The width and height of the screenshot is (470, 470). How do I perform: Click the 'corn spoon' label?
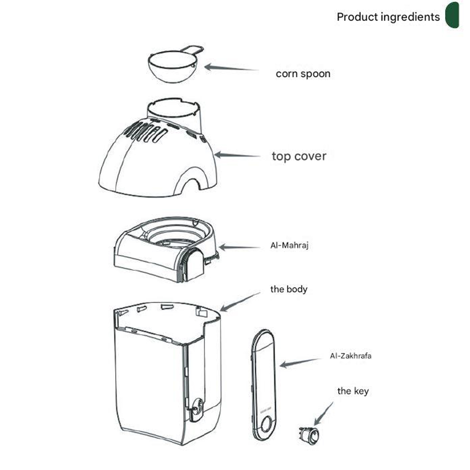303,74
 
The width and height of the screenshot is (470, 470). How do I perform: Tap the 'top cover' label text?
299,156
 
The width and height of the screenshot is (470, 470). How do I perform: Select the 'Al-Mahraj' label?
289,245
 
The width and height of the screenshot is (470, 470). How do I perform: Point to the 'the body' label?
289,289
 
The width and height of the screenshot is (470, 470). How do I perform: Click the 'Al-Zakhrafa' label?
350,356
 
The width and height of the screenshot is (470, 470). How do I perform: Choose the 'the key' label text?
353,391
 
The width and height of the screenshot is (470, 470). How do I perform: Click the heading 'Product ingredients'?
388,17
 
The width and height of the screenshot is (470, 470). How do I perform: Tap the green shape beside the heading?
452,15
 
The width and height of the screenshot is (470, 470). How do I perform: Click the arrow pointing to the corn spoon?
231,68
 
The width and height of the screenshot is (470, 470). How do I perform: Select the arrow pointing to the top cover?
237,155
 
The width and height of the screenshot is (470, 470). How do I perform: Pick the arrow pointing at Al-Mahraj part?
239,248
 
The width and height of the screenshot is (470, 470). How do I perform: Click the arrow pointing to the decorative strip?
300,363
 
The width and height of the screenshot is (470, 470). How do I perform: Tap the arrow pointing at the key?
324,414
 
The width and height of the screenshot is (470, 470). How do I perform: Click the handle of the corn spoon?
193,50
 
